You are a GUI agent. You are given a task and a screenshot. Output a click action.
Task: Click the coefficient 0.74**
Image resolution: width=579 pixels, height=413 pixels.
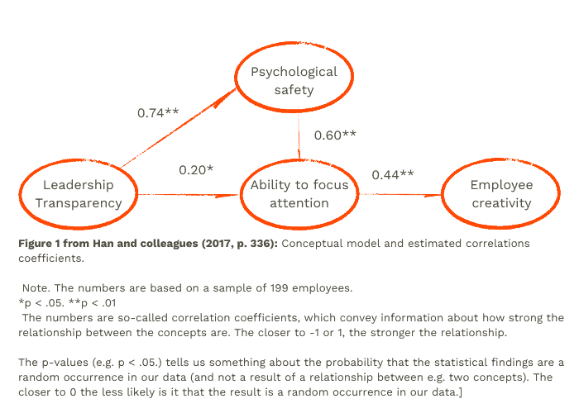[x=158, y=113]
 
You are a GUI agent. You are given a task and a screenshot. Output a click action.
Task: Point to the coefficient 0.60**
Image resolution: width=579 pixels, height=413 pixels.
[x=335, y=135]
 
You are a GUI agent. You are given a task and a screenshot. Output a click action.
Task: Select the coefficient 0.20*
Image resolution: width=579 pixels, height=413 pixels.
[x=196, y=170]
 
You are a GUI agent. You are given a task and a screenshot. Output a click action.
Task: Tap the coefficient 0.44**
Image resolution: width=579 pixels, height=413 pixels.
[x=393, y=175]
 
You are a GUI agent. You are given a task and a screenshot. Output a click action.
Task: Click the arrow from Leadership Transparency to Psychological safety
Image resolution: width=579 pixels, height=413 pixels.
[x=178, y=128]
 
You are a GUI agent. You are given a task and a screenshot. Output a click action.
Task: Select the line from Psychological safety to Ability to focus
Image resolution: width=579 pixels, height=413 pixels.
[x=299, y=134]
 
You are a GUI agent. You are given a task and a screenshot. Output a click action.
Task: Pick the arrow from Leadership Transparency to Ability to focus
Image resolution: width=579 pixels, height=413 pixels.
[x=189, y=195]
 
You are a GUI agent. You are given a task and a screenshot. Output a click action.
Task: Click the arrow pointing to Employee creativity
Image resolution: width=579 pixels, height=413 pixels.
[x=400, y=194]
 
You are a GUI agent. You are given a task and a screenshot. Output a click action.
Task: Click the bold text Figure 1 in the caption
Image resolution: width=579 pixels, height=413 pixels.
[x=39, y=244]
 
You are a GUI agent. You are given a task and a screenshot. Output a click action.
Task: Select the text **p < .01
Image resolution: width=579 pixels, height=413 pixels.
[x=93, y=303]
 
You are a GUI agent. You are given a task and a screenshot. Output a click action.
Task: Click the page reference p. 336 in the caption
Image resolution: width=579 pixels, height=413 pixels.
[x=255, y=244]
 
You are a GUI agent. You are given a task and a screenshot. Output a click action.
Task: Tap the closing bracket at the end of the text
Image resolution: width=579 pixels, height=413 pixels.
[x=460, y=392]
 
